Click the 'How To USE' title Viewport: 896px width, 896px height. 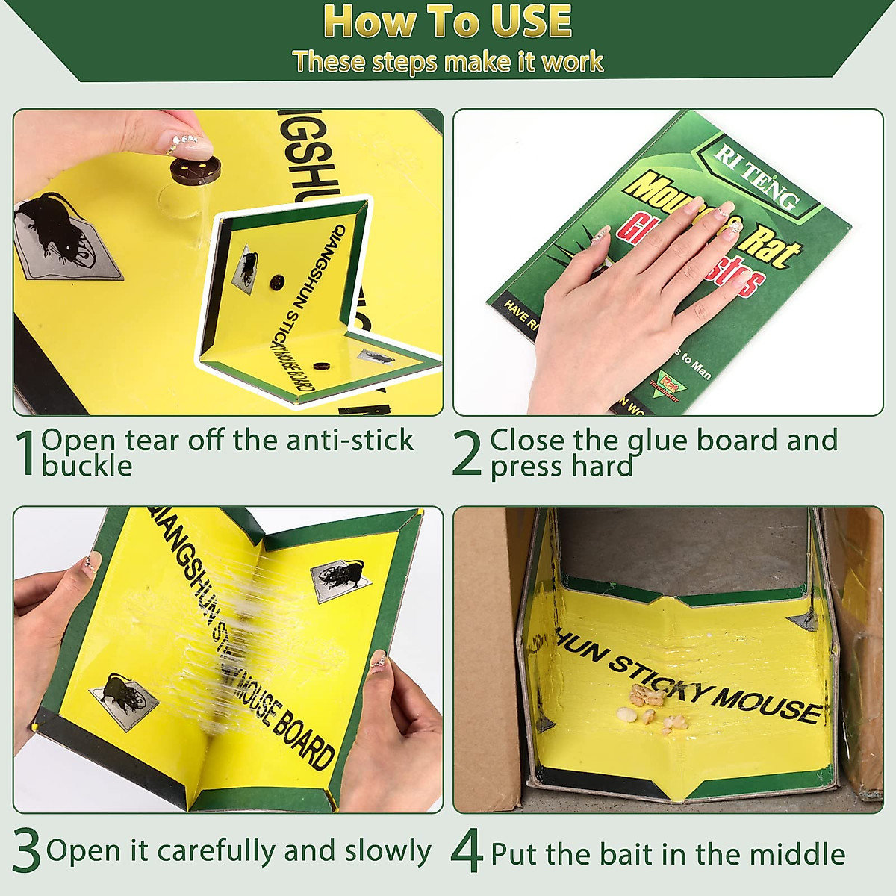[448, 22]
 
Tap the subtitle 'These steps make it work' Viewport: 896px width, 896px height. [448, 61]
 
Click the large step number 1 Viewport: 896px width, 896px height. [27, 453]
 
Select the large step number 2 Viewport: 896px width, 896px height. [467, 453]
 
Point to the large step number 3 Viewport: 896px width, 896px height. [27, 852]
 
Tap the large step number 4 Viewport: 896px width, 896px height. [467, 852]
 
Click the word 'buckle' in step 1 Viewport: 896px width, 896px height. [87, 467]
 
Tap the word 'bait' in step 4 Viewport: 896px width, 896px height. [664, 853]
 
